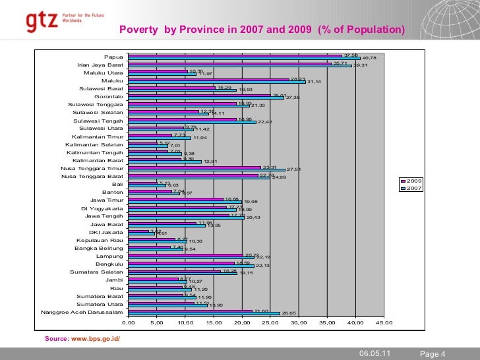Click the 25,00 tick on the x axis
coord(270,323)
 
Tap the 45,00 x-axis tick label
coord(384,323)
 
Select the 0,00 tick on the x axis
coord(129,323)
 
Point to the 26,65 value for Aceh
coord(290,314)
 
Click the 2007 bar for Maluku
coord(217,82)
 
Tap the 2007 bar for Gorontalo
coord(206,98)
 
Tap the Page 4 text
coord(433,354)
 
